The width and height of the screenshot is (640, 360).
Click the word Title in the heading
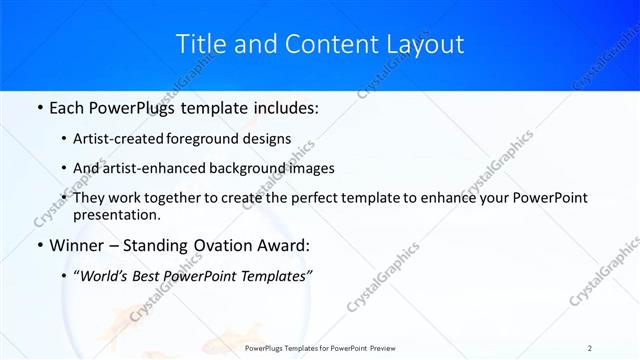(198, 44)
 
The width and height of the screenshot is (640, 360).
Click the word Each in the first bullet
(69, 107)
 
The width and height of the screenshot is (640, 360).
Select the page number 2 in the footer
(590, 348)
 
